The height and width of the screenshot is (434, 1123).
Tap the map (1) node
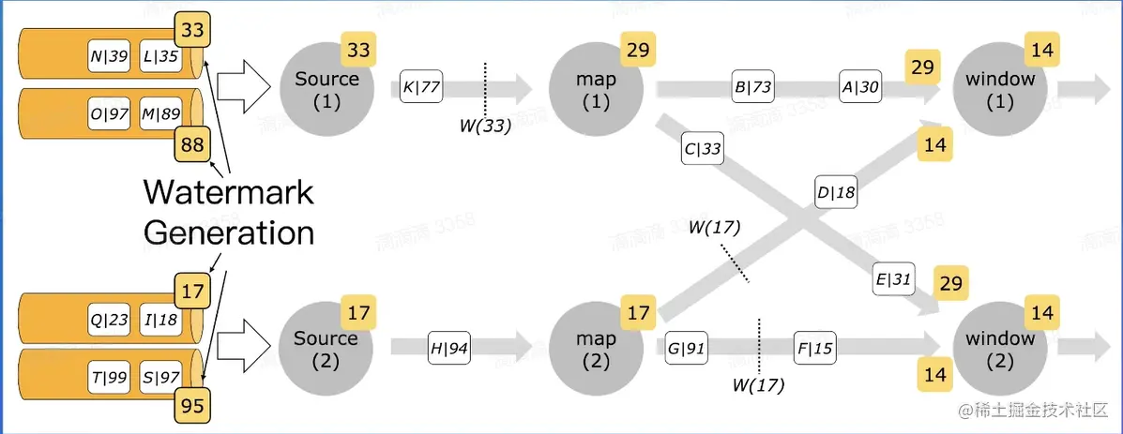[597, 89]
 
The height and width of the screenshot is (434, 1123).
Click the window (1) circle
[999, 89]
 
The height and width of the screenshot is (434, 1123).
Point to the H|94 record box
[449, 347]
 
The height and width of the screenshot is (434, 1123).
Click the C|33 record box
[703, 149]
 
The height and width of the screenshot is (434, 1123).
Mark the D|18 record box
[837, 193]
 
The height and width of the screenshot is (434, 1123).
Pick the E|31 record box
[893, 279]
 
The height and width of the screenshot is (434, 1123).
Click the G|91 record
[687, 348]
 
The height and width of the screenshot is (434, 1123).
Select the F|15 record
[814, 348]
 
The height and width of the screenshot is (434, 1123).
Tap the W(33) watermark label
[484, 126]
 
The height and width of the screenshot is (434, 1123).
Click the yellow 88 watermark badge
[193, 145]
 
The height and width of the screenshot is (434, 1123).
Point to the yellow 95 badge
[192, 407]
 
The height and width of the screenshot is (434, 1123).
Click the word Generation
[228, 232]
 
